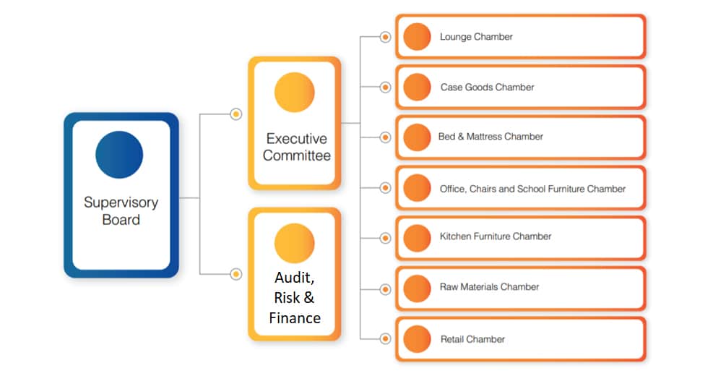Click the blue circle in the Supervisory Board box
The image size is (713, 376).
119,155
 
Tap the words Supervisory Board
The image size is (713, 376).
121,210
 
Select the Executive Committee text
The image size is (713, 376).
296,147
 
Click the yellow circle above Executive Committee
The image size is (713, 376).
295,93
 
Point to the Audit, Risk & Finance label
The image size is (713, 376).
295,298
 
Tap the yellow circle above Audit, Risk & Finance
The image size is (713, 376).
295,243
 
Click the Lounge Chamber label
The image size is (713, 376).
476,37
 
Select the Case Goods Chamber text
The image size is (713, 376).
487,87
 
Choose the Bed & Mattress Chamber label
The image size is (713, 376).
491,137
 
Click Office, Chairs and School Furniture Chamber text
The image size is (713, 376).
532,189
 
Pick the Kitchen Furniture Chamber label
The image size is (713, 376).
495,236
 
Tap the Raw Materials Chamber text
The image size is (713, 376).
489,287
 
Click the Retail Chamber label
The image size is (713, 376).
472,339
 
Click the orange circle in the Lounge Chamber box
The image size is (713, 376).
417,37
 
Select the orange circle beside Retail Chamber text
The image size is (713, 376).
417,339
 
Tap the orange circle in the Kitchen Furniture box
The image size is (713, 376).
417,238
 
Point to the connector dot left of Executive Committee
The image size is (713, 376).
236,114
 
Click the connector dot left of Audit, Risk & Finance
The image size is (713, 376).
236,274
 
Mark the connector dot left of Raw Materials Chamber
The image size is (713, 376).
385,289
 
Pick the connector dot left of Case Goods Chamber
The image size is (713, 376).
385,87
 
